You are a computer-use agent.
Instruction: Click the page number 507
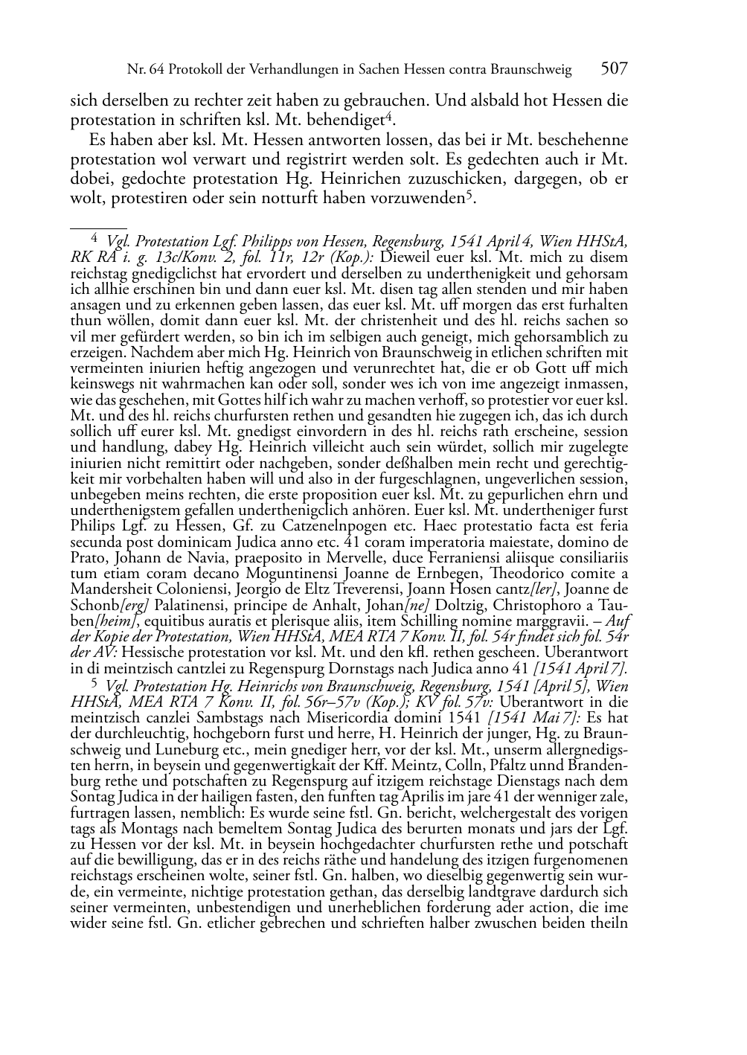pyautogui.click(x=614, y=69)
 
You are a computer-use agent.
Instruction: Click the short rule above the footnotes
pyautogui.click(x=98, y=221)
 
